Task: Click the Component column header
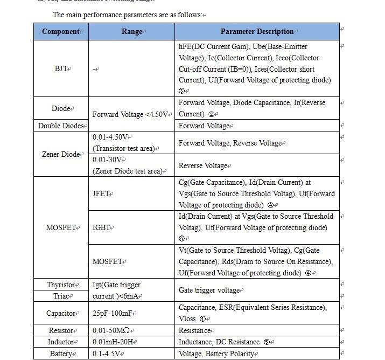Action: point(60,32)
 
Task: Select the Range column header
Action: point(131,32)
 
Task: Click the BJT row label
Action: point(60,69)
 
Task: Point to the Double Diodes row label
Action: point(61,126)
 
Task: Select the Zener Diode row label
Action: point(61,155)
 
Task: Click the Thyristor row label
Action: point(60,285)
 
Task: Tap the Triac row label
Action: point(60,296)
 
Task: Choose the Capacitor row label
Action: point(60,313)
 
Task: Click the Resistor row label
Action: point(60,331)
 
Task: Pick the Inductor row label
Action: point(60,342)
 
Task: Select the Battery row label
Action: point(60,354)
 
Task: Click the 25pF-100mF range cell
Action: point(116,313)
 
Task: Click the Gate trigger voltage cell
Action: point(209,290)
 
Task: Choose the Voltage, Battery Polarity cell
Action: point(217,354)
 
